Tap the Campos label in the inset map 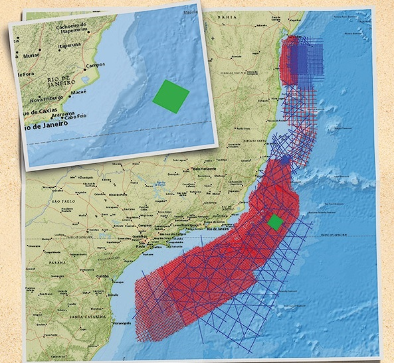(x=98, y=66)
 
